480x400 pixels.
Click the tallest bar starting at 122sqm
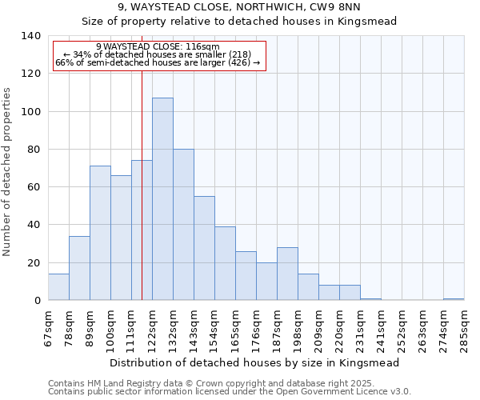(x=162, y=199)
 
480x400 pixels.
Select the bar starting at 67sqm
(x=58, y=287)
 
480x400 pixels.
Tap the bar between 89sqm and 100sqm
(x=100, y=233)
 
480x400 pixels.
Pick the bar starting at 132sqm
(x=183, y=225)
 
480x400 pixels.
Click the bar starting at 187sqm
(x=287, y=274)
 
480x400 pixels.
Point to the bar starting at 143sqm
(x=204, y=248)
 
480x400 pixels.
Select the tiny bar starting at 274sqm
(x=454, y=299)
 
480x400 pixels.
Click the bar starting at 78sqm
(x=79, y=268)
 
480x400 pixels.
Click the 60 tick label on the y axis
(x=34, y=187)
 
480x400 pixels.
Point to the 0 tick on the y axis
(x=37, y=301)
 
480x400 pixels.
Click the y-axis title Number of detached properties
(x=8, y=172)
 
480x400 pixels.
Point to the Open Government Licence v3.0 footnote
(x=230, y=391)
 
